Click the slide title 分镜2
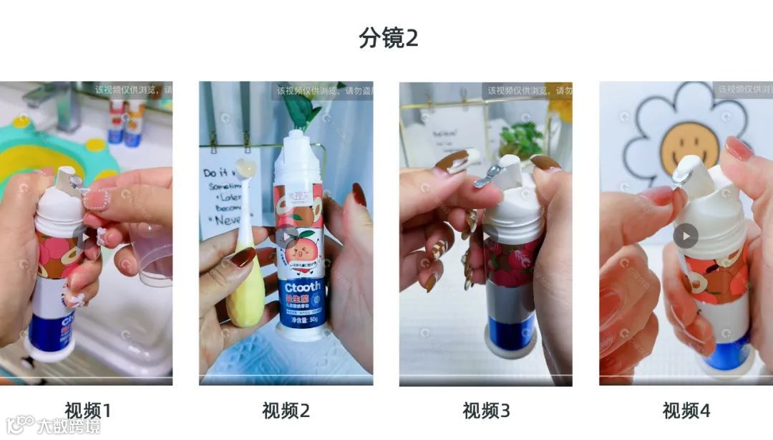(388, 37)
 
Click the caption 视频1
(88, 411)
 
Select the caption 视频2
(286, 411)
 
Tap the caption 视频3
(486, 411)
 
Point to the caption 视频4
(686, 411)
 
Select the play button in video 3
(487, 235)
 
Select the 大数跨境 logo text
(69, 426)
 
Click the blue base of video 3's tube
(510, 330)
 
